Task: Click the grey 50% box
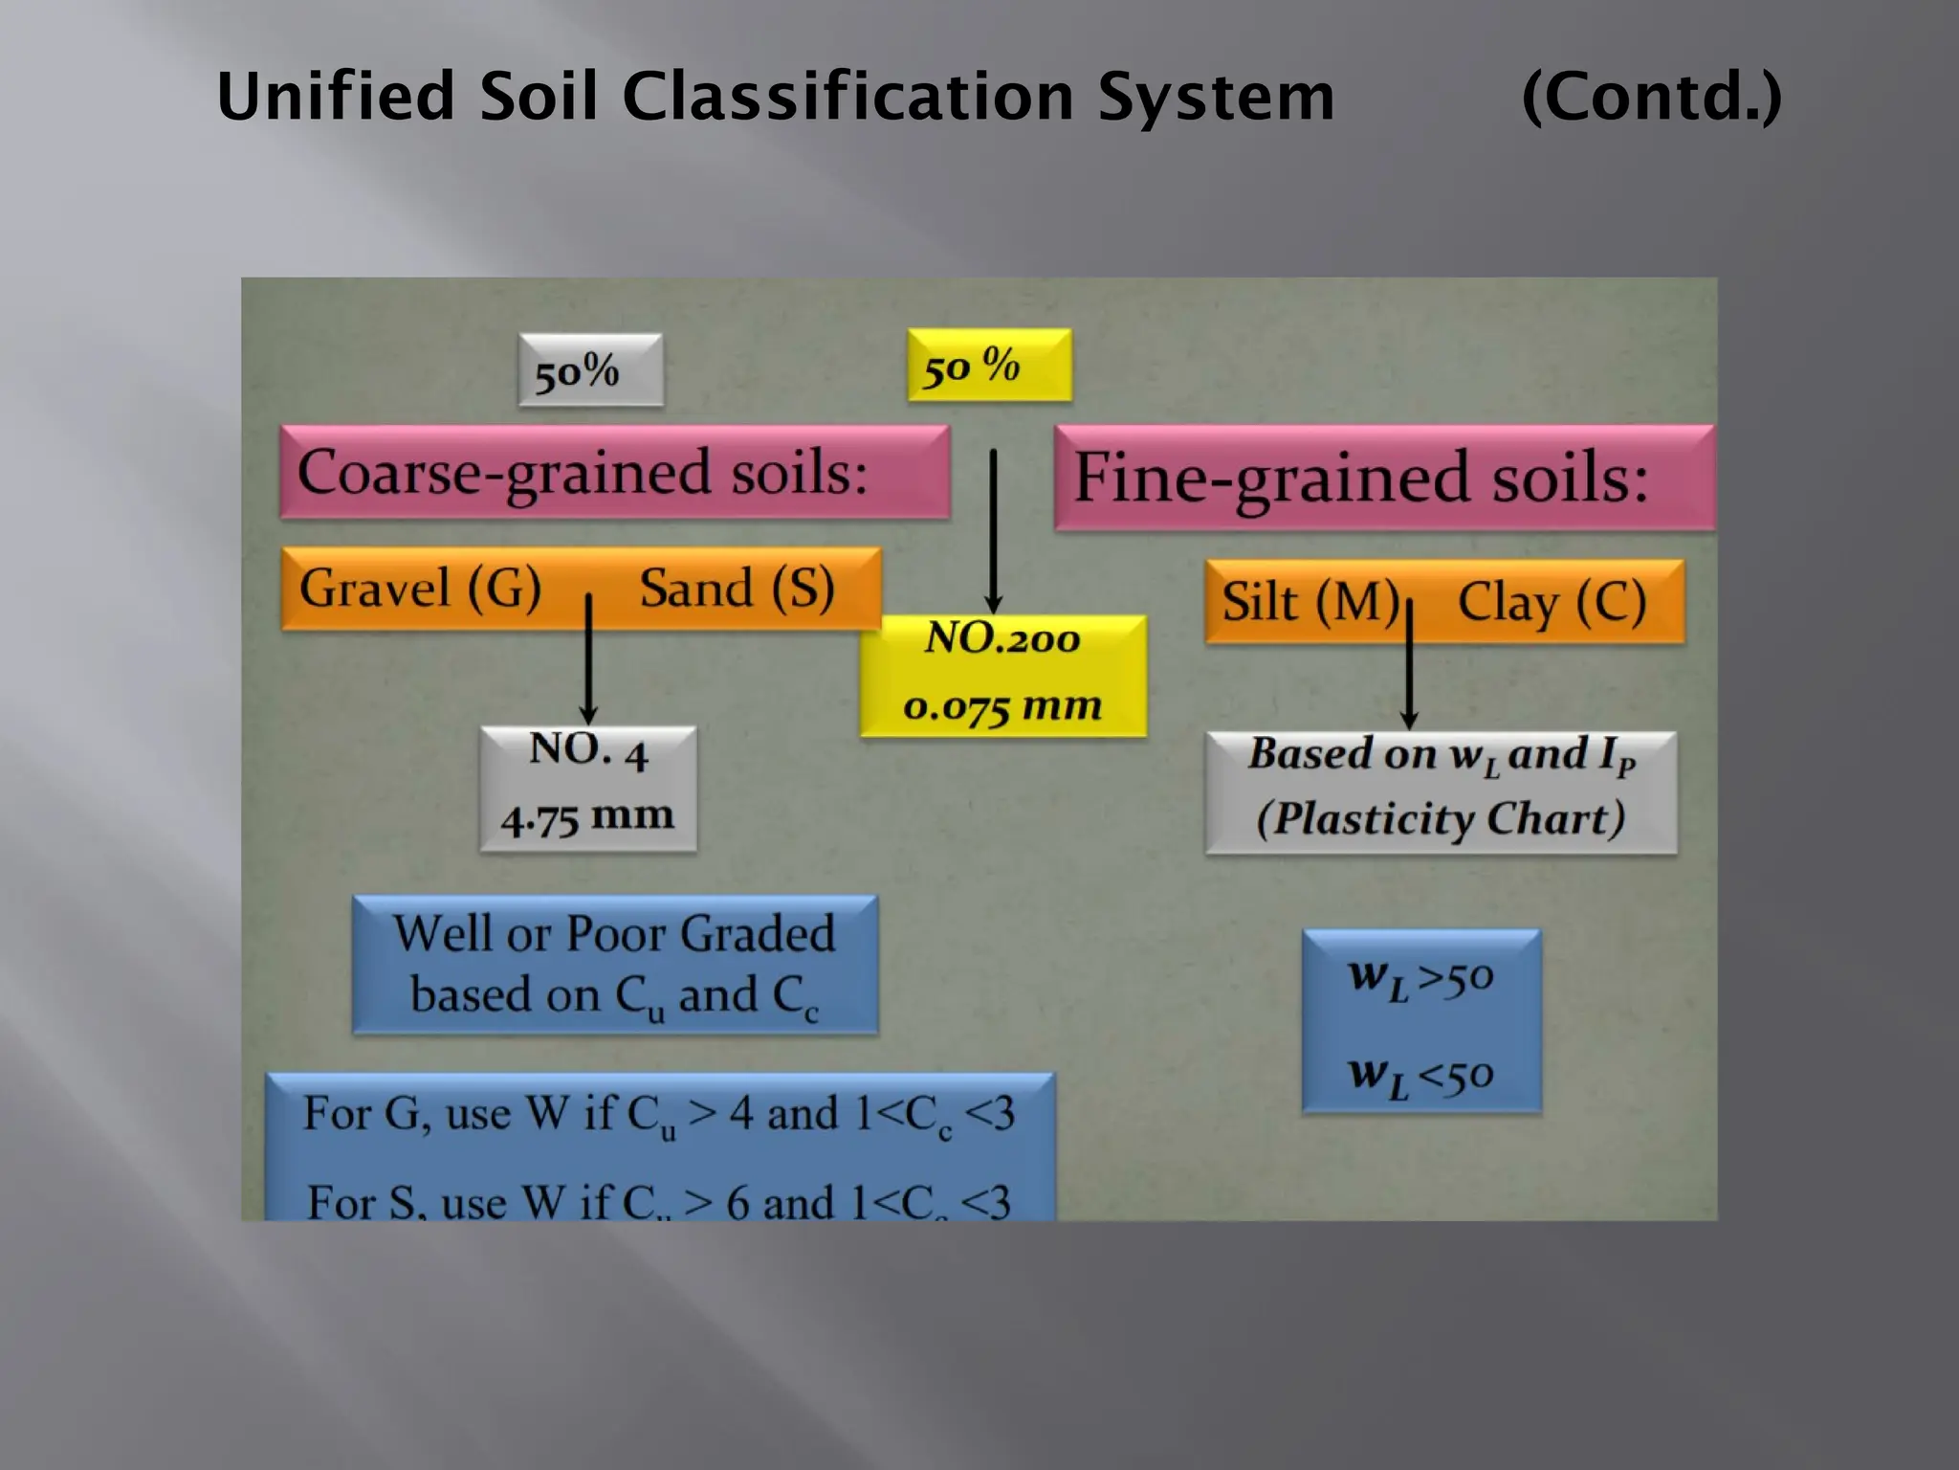point(590,370)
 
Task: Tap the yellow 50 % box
point(989,366)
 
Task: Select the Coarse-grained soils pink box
point(614,472)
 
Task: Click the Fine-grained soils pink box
point(1383,478)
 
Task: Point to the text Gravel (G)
point(420,588)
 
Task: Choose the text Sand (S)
point(737,588)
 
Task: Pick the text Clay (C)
point(1552,602)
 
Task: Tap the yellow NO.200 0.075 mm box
point(1002,676)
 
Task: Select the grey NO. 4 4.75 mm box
point(588,789)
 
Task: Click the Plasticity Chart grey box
point(1441,792)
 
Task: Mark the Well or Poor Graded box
point(614,965)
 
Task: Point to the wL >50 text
point(1420,977)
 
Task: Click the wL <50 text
point(1420,1075)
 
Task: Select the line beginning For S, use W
point(658,1201)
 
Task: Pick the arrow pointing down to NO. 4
point(588,659)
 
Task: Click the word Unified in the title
point(335,97)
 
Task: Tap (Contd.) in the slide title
point(1651,97)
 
